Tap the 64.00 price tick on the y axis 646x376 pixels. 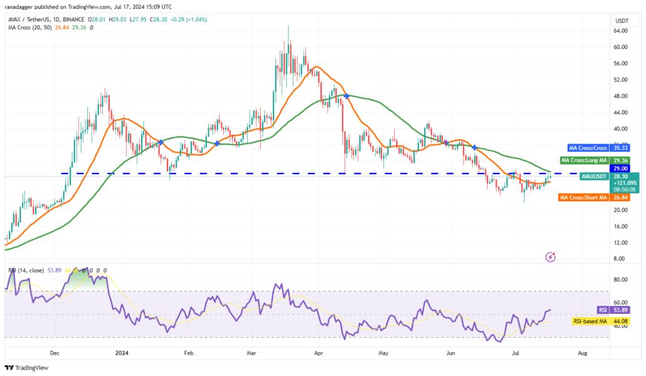pos(621,31)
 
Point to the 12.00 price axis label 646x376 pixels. pos(621,243)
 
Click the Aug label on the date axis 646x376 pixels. pos(582,353)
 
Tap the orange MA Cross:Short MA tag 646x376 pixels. pos(583,197)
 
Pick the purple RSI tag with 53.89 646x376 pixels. pos(603,310)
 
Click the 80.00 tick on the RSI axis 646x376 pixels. pos(621,279)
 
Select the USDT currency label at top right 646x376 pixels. pos(622,21)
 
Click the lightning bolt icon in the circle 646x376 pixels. pos(551,256)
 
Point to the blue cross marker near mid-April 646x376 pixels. pos(346,96)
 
